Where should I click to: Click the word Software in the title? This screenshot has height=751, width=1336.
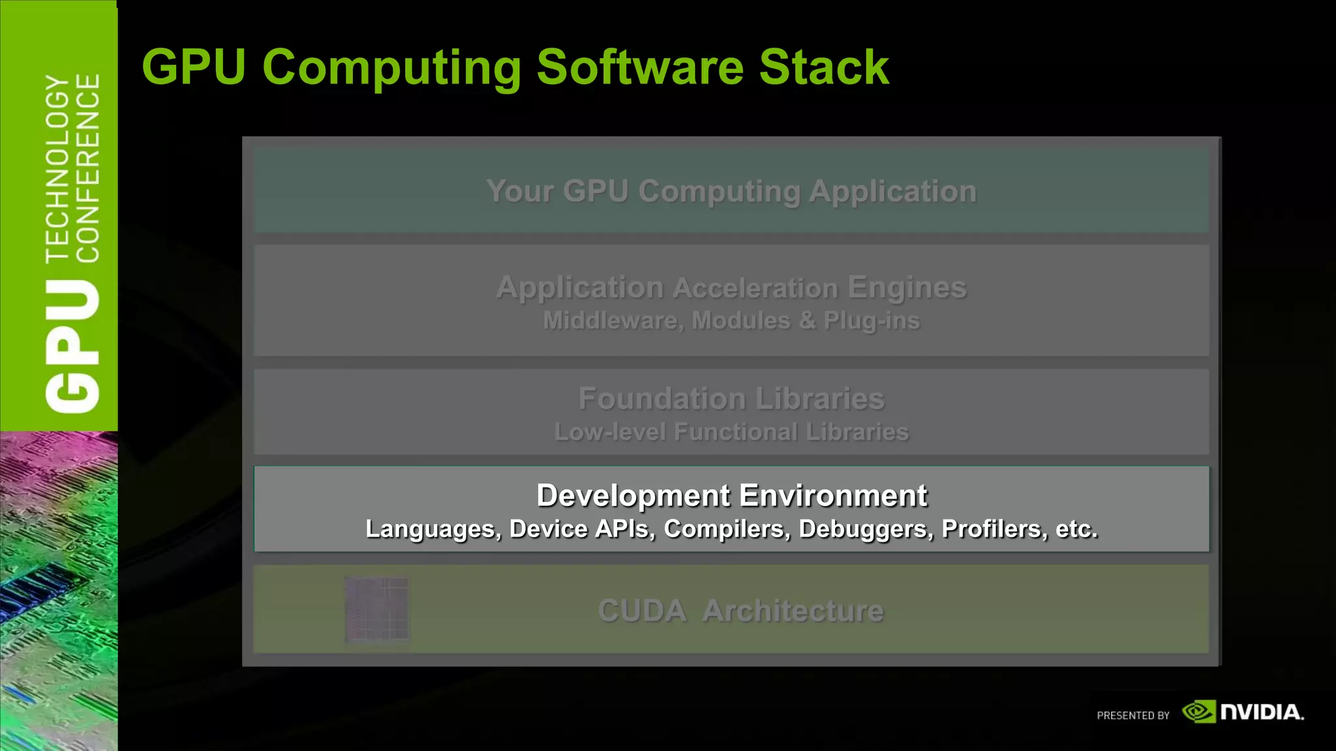pos(639,67)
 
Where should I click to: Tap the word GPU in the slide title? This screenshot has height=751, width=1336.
pos(194,67)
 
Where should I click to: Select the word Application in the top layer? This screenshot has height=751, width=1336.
pos(892,191)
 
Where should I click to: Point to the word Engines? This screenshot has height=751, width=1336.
pos(907,287)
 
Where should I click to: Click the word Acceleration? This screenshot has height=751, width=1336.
pos(755,287)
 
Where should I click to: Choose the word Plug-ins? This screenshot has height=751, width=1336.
pos(872,321)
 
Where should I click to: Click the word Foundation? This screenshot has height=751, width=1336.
pos(661,398)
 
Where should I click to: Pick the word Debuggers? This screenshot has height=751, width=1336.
pos(866,529)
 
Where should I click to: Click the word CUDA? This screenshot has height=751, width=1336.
pos(642,611)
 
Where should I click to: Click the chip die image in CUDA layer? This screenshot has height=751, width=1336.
pos(376,610)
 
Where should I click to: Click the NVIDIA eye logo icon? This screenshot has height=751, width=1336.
pos(1198,712)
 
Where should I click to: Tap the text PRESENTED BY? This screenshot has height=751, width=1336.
pos(1133,716)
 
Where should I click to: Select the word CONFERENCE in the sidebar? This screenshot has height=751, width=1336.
pos(88,168)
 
